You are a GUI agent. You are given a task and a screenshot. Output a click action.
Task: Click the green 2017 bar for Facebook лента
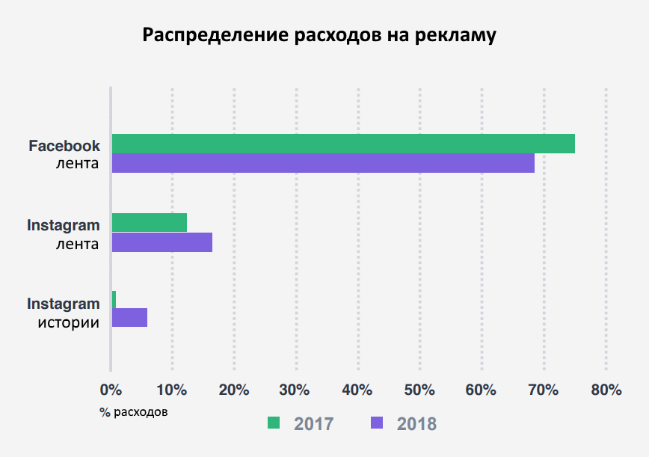point(343,144)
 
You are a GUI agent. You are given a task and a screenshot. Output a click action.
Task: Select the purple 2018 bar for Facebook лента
point(323,163)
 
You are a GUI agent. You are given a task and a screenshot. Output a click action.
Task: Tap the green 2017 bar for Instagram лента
point(150,222)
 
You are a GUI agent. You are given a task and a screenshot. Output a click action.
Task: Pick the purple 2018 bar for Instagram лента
point(162,242)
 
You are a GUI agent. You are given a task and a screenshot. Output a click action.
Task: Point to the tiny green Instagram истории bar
point(114,299)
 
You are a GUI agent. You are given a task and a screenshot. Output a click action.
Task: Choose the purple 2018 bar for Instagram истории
point(129,318)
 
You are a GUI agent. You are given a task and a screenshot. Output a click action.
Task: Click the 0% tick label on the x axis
point(111,390)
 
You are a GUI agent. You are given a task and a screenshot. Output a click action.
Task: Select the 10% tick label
point(172,390)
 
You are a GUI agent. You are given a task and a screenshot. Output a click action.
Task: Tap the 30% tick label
point(296,390)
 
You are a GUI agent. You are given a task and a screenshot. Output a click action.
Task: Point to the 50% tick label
point(419,390)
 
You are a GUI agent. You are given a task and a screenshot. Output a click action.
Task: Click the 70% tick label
point(544,390)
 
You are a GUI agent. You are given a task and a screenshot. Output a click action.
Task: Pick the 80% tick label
point(606,390)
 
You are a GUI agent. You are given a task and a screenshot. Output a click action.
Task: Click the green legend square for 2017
point(274,423)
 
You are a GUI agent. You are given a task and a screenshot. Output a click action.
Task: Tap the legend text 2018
point(416,423)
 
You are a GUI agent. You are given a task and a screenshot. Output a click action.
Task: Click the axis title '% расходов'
point(134,411)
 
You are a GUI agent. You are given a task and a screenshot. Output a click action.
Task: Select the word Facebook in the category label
point(64,146)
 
